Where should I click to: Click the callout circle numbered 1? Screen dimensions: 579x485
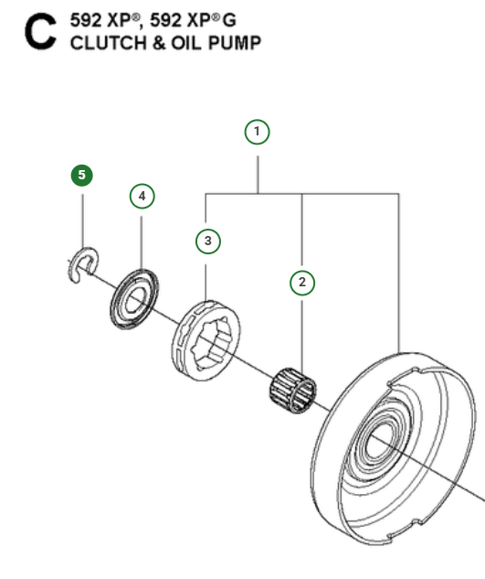tap(258, 132)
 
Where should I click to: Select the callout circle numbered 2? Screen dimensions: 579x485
tap(302, 282)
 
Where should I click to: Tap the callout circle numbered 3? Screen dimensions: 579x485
tap(208, 241)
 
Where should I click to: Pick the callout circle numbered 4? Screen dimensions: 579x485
tap(142, 196)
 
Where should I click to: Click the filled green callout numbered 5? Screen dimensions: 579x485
tap(83, 174)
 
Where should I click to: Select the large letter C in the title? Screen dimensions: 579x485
tap(42, 33)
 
